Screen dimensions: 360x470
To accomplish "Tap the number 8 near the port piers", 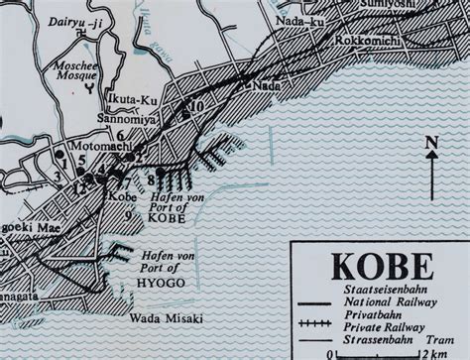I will [x=150, y=179].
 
